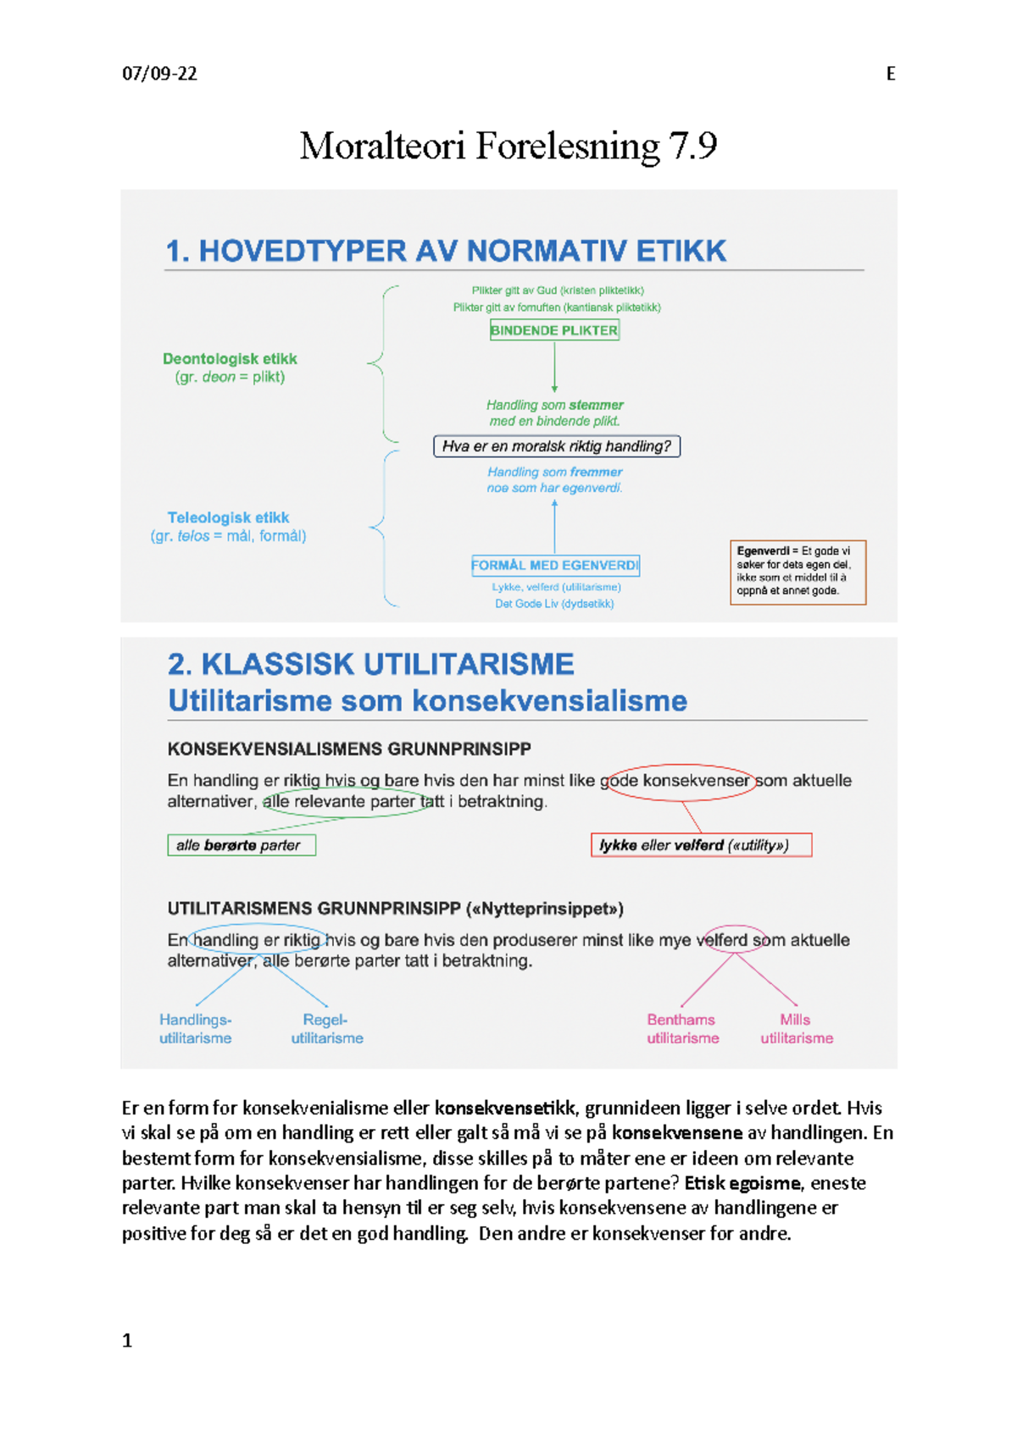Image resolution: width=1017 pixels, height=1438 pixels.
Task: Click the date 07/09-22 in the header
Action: (159, 74)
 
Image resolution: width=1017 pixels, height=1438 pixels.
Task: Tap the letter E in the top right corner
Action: (890, 74)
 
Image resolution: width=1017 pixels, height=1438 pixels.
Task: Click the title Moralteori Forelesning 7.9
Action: (508, 146)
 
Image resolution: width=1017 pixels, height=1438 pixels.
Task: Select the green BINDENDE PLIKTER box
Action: (554, 330)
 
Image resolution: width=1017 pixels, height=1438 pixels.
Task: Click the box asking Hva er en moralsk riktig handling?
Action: (556, 446)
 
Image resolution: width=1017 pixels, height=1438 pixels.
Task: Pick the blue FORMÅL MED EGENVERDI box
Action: (555, 565)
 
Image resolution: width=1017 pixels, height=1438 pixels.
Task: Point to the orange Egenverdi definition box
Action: (797, 572)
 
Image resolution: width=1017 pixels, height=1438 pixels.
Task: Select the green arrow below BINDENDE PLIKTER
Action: (554, 366)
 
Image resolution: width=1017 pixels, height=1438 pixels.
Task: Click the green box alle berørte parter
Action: (242, 845)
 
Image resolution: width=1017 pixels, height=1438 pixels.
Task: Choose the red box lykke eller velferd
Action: (701, 845)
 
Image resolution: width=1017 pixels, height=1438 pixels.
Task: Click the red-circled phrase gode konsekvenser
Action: (679, 780)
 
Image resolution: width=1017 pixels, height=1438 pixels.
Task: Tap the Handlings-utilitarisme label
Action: (195, 1029)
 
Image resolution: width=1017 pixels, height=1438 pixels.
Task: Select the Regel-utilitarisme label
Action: (327, 1029)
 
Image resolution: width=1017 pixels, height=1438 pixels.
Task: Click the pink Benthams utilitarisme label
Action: (682, 1029)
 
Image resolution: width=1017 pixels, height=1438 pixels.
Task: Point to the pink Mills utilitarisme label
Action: (796, 1029)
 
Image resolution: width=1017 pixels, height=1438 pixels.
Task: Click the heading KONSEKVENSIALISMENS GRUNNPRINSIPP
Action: (349, 749)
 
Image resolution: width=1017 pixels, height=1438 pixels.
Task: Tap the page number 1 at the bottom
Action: (127, 1341)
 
